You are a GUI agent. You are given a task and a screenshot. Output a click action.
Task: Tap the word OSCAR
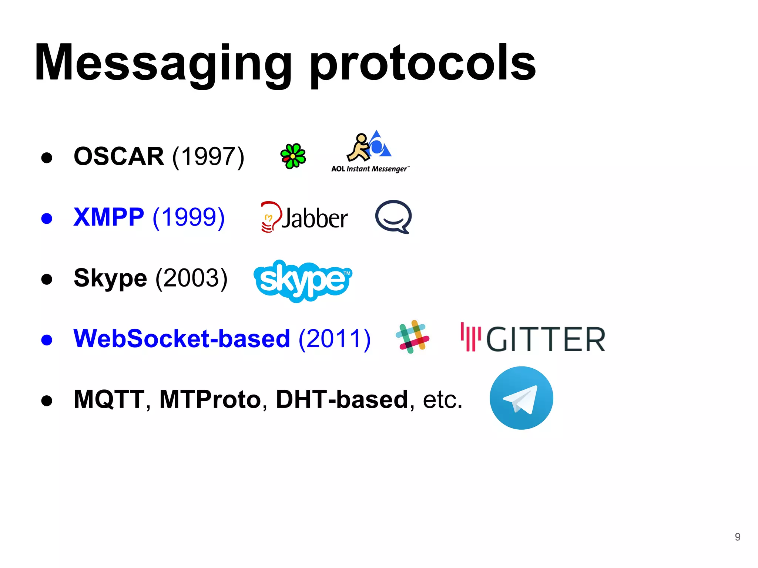119,156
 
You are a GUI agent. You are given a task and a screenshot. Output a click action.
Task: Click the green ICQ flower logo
293,156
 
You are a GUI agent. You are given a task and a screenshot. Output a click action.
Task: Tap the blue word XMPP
108,217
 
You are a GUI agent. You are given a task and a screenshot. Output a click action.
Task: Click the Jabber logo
304,217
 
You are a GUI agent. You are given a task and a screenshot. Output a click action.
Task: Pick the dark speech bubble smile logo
393,217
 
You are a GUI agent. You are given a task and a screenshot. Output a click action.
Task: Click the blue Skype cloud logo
303,280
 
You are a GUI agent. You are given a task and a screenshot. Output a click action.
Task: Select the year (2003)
191,278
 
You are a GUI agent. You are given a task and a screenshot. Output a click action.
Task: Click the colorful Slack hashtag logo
412,337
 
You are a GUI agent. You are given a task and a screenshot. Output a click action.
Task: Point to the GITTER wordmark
533,338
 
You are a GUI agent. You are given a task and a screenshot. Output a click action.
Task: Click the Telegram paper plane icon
521,398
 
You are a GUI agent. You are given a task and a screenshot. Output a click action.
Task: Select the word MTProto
210,399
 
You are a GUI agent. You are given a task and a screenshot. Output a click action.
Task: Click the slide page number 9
737,537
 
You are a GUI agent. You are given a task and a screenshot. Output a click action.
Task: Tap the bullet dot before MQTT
47,400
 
